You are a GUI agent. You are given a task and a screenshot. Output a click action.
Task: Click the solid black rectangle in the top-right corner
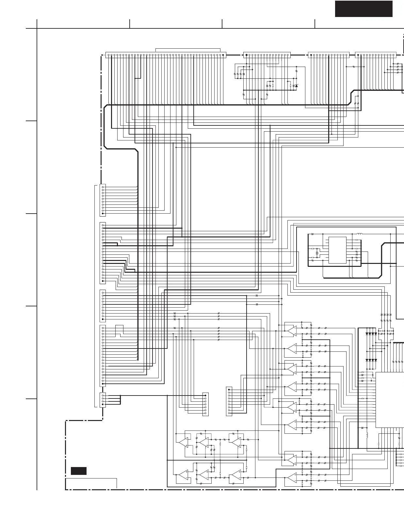click(x=364, y=9)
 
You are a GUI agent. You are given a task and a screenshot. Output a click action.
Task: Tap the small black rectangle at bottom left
click(x=79, y=471)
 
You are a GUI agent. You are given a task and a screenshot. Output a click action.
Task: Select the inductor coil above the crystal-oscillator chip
click(x=360, y=234)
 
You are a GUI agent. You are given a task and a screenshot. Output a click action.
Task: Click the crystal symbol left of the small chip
click(x=317, y=253)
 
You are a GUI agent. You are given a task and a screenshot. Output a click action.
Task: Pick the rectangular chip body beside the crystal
click(x=337, y=250)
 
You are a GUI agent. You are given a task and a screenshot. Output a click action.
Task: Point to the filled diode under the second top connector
click(x=296, y=86)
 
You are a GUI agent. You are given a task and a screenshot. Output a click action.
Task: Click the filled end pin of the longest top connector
click(x=223, y=55)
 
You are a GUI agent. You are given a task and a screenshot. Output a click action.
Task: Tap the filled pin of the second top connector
click(x=247, y=55)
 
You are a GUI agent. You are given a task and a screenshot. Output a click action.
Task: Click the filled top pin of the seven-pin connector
click(x=205, y=396)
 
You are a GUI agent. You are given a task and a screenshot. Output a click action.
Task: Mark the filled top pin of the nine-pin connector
click(x=229, y=390)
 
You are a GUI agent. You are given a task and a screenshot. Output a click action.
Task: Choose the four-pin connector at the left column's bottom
click(x=103, y=400)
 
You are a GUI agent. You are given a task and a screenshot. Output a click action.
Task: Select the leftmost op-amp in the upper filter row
click(x=183, y=442)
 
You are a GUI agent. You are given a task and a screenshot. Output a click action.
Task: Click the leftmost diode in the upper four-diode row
click(x=367, y=334)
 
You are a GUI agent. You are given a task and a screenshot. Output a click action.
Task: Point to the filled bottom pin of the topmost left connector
click(x=103, y=214)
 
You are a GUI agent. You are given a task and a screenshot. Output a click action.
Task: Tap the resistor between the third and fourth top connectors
click(x=354, y=67)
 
